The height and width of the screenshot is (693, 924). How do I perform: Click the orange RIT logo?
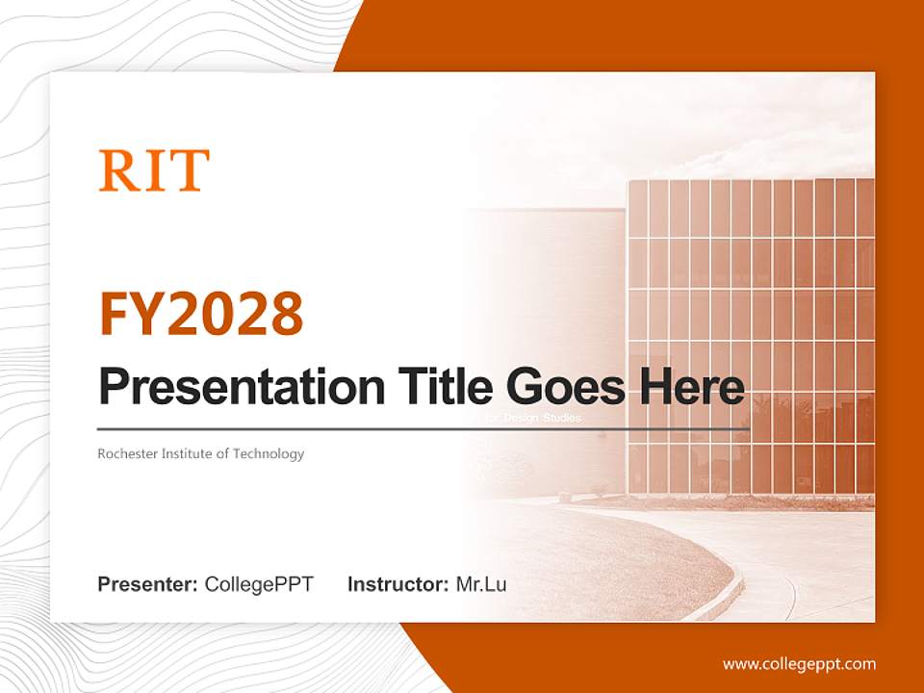click(154, 170)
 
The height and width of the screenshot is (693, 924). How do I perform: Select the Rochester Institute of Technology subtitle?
click(200, 453)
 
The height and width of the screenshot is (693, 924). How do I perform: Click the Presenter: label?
click(148, 584)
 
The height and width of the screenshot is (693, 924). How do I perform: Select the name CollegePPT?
click(259, 584)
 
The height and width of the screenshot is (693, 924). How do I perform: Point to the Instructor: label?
click(398, 584)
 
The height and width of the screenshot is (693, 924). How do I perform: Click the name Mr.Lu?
click(481, 584)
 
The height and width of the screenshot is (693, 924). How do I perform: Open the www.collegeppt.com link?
click(799, 663)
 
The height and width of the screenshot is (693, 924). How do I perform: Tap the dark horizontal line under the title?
click(423, 429)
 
